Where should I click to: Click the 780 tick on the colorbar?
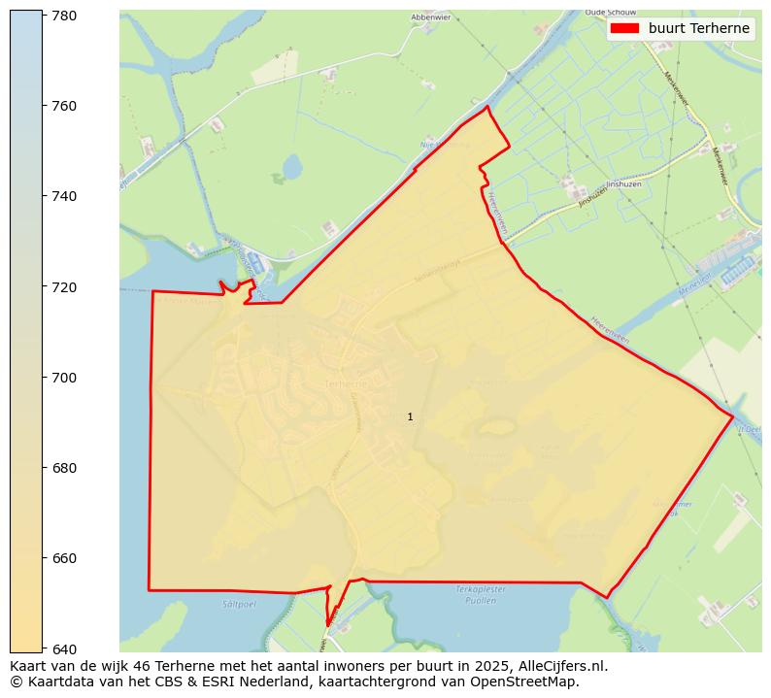(65, 16)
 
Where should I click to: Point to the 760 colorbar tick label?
(65, 106)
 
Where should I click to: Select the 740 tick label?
(65, 196)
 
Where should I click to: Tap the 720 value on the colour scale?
(65, 287)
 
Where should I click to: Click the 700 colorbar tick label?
(65, 378)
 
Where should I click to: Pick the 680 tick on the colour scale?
(65, 468)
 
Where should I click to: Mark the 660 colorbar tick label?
(65, 558)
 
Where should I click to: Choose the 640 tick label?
(65, 648)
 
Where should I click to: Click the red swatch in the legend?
(624, 28)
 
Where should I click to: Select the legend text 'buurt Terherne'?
(699, 28)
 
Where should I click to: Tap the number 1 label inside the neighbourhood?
(410, 416)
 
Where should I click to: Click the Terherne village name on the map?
(347, 384)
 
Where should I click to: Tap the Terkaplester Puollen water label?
(476, 595)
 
